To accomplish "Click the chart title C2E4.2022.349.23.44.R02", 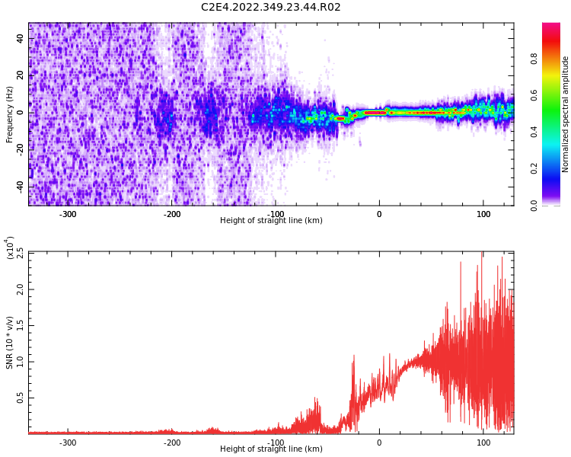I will pos(270,8).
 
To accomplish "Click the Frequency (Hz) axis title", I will pos(10,114).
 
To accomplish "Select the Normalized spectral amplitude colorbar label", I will pos(566,114).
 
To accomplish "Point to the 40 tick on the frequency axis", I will pos(21,39).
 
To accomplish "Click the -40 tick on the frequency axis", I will pos(19,187).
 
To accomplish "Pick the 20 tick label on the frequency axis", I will pos(21,75).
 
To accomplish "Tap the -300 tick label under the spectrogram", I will pos(68,214).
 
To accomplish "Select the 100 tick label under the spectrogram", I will pos(483,214).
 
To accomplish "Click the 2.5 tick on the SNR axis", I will pos(21,253).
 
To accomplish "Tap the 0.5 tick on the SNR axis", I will pos(21,398).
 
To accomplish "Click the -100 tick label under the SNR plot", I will pos(276,443).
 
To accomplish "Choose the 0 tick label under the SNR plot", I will pos(379,443).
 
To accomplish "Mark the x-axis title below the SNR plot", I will pos(271,449).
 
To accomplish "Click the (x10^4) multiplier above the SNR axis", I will pos(10,248).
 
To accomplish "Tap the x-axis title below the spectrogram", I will pos(271,221).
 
